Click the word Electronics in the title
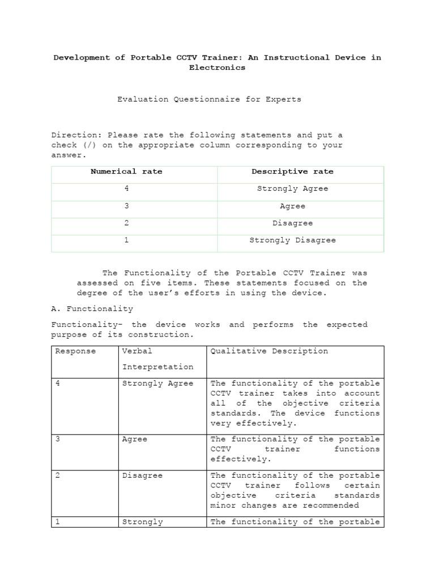[x=217, y=68]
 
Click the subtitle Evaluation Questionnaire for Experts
[x=209, y=99]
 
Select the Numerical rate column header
[x=126, y=171]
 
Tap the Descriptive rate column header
[x=292, y=171]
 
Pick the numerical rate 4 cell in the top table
[x=126, y=189]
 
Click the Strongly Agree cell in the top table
[x=292, y=189]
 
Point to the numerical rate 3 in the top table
[x=126, y=206]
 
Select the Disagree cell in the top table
[x=292, y=223]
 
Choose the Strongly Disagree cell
[x=292, y=240]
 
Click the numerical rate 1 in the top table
[x=126, y=240]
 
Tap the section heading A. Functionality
[x=92, y=309]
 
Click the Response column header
[x=75, y=351]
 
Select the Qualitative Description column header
[x=269, y=351]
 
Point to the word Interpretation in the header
[x=158, y=367]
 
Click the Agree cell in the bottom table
[x=135, y=439]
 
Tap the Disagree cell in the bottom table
[x=142, y=475]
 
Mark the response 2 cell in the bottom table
[x=58, y=475]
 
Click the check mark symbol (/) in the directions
[x=87, y=145]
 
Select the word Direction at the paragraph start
[x=74, y=135]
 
